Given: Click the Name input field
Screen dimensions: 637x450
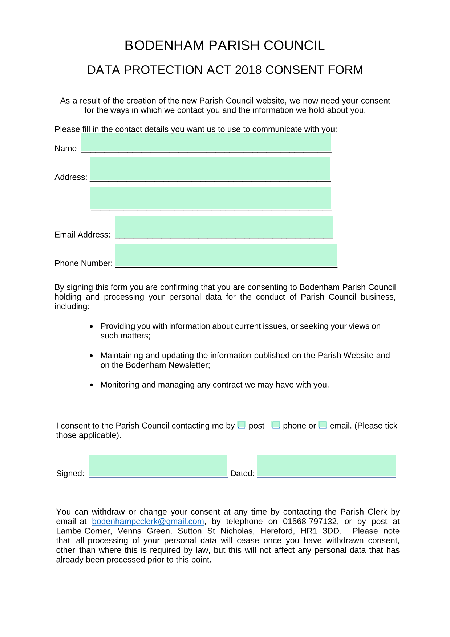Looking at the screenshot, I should coord(206,142).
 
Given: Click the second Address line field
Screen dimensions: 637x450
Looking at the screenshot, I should coord(211,198).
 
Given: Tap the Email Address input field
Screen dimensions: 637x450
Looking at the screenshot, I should coord(224,227).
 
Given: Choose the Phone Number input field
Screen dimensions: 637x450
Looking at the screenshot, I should coord(226,255).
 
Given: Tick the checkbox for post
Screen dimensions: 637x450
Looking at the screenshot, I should coord(242,425).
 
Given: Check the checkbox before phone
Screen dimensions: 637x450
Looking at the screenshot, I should coord(276,425).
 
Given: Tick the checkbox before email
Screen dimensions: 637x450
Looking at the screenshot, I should coord(323,425).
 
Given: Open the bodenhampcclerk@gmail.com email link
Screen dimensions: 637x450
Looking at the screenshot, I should coord(148,522).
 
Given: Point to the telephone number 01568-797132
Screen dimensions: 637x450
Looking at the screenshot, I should coord(310,522).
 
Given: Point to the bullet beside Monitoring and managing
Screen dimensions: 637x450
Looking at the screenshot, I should coord(92,385).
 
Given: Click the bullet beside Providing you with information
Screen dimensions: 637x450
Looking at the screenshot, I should coord(92,326).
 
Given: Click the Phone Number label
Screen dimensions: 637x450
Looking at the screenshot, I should coord(84,263).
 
